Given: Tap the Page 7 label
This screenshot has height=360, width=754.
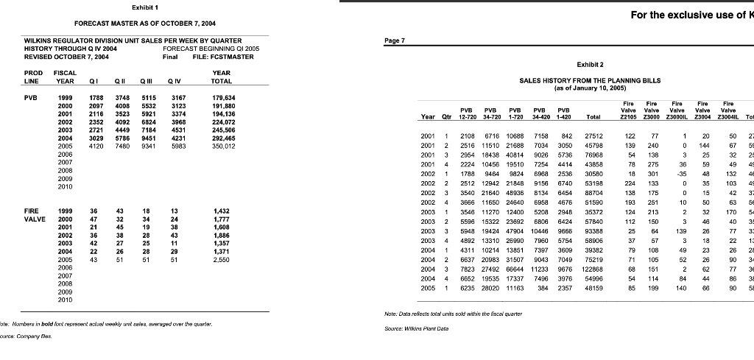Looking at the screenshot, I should [x=395, y=41].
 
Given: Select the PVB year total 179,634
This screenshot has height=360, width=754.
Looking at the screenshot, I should [x=223, y=96].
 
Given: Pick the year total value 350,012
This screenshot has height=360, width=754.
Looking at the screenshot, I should [x=223, y=147].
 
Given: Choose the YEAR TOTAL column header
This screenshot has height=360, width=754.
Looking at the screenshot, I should [x=221, y=77].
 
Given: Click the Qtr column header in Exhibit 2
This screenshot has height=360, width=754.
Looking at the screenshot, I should [x=447, y=116].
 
